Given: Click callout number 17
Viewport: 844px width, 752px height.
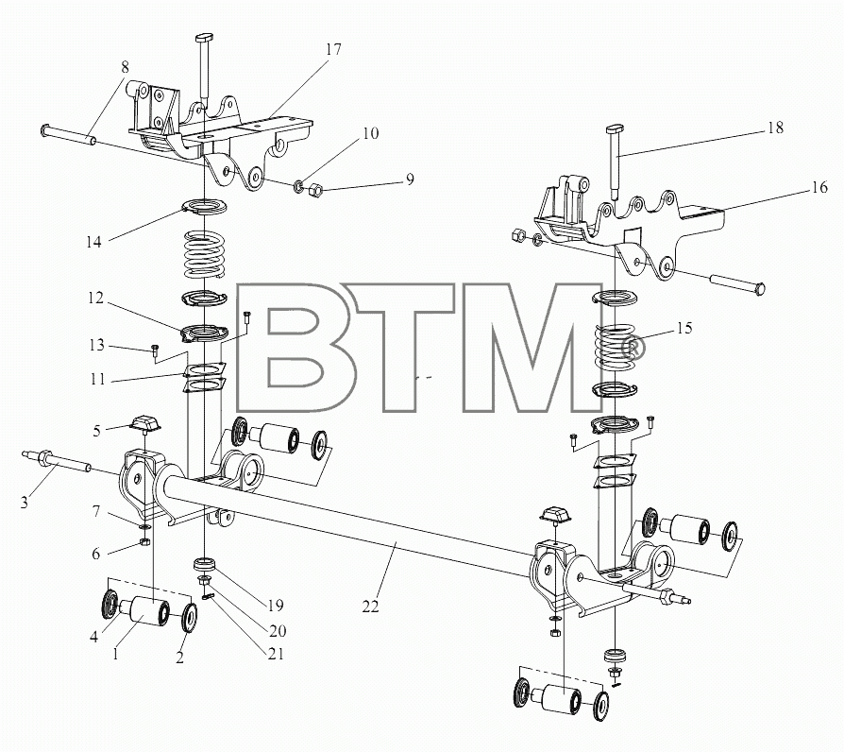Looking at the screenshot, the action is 333,49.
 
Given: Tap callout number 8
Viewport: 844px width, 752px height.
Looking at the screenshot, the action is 125,68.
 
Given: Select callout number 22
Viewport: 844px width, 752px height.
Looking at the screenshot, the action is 370,607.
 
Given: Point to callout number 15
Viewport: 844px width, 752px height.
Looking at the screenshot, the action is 684,328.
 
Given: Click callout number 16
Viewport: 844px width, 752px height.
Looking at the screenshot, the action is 819,187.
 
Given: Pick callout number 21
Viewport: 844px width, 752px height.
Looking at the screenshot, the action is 275,654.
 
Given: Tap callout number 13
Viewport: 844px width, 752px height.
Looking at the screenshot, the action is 96,345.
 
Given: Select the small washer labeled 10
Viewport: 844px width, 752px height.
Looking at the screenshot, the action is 297,187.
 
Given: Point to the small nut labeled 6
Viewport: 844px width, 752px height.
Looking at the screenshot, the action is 144,541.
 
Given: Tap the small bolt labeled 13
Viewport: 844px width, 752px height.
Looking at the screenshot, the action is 153,350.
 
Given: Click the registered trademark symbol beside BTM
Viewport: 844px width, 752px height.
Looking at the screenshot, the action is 633,347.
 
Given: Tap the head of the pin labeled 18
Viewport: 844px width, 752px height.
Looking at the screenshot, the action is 615,129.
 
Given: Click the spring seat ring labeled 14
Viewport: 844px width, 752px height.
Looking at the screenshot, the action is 205,206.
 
